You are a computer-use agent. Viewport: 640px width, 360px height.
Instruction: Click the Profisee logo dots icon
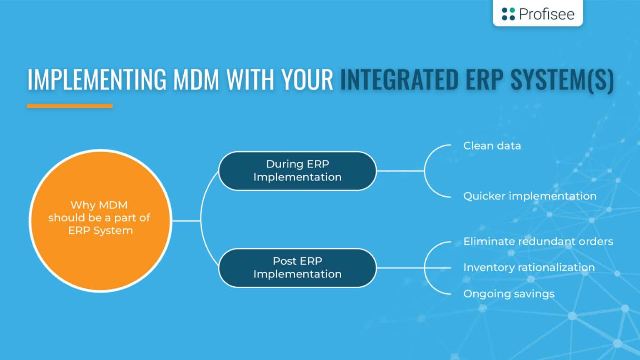[x=508, y=14]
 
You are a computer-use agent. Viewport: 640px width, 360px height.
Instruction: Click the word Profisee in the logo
[x=546, y=14]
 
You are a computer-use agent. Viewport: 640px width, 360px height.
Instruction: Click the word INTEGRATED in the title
[x=399, y=79]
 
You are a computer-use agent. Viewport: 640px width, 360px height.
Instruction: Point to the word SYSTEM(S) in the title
[x=562, y=79]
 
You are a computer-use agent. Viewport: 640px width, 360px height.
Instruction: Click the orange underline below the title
[x=70, y=106]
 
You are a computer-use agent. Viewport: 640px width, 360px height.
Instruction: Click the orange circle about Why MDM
[x=100, y=220]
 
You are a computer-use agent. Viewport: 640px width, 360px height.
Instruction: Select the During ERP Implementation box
[x=297, y=171]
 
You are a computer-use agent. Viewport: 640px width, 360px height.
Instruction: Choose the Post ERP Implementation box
[x=297, y=268]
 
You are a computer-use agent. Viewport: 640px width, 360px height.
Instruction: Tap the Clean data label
[x=492, y=146]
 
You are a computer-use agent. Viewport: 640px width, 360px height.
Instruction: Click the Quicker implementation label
[x=530, y=196]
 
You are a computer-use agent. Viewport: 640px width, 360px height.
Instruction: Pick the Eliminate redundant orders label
[x=538, y=241]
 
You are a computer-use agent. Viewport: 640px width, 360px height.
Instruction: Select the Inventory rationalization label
[x=529, y=267]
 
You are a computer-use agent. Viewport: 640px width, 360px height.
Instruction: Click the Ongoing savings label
[x=509, y=294]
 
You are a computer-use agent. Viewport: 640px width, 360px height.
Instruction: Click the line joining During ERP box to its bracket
[x=400, y=171]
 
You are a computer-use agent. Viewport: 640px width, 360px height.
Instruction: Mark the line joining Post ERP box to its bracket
[x=400, y=268]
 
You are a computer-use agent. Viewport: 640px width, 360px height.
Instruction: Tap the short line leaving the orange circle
[x=186, y=220]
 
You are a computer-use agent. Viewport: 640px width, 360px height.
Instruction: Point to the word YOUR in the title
[x=307, y=79]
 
